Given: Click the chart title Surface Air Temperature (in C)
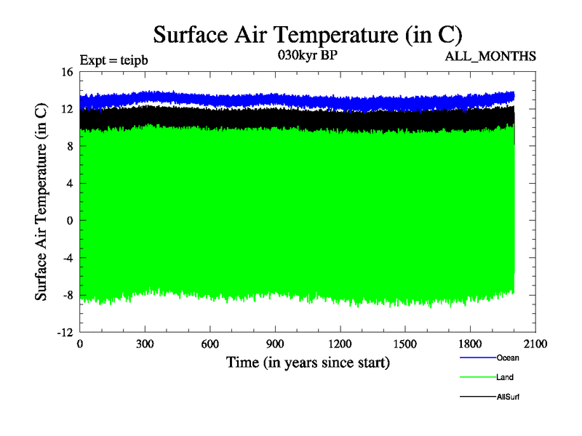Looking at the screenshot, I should pos(308,34).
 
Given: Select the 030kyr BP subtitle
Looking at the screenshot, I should pos(308,54).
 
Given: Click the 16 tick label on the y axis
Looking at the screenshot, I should pos(68,72).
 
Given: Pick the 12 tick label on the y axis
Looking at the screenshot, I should pos(68,109).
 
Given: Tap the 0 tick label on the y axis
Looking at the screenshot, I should pos(71,220).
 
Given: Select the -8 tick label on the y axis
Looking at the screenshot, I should pos(68,295).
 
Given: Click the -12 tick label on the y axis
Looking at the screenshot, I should pos(65,332).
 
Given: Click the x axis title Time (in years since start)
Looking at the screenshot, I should pos(308,362).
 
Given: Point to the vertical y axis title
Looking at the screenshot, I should pos(42,202).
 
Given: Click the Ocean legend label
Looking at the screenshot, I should pos(508,358).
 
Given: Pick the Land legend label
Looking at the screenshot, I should pos(506,377).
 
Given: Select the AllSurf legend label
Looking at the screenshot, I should pos(509,397).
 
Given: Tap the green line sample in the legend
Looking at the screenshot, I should pos(477,377).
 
